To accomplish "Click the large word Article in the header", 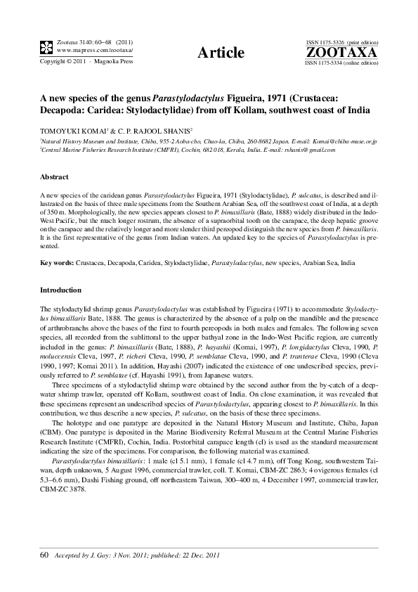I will point(221,53).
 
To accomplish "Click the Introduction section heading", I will point(61,290).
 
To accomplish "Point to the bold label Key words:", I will point(58,262).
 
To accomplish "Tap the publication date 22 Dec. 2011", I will point(200,556).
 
